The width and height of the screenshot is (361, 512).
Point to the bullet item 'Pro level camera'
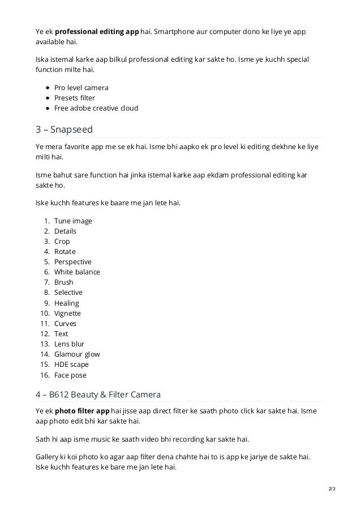click(x=81, y=88)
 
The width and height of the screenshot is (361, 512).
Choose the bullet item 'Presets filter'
click(x=75, y=98)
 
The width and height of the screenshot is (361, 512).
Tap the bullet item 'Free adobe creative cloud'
click(x=96, y=108)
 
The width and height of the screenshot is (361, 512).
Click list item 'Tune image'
click(x=73, y=221)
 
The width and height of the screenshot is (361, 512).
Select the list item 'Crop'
click(x=62, y=242)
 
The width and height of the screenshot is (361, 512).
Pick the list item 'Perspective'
click(x=73, y=262)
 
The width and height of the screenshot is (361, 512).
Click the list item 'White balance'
click(x=77, y=272)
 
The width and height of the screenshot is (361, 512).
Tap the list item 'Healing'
click(x=67, y=303)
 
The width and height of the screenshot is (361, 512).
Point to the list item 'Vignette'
click(x=67, y=314)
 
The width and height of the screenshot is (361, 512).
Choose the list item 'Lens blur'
click(x=69, y=344)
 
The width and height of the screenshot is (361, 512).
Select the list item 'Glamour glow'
click(x=77, y=354)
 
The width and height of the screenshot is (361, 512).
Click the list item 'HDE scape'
click(x=71, y=365)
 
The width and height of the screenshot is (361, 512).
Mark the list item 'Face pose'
click(x=70, y=375)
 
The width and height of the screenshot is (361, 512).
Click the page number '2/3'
click(x=331, y=488)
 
